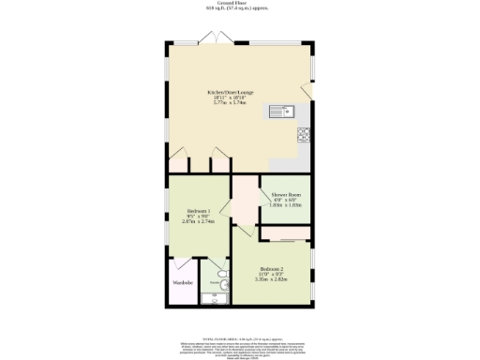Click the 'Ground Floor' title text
(x=239, y=4)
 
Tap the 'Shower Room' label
(x=286, y=195)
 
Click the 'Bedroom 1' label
(x=198, y=211)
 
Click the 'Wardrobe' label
(x=182, y=281)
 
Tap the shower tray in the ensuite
(x=215, y=298)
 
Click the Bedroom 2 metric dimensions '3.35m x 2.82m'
(x=272, y=278)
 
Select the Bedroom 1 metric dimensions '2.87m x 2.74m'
(x=198, y=222)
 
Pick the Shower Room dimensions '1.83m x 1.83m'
(x=286, y=205)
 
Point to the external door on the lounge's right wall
(x=307, y=91)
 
